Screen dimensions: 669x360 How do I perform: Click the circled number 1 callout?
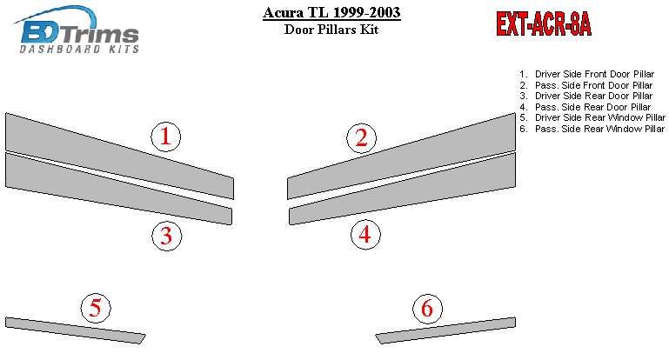[x=166, y=137]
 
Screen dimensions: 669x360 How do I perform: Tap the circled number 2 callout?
[x=361, y=137]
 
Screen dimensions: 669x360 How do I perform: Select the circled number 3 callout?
[x=167, y=236]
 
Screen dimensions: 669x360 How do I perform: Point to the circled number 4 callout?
[x=365, y=235]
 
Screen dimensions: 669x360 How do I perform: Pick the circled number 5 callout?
[x=96, y=308]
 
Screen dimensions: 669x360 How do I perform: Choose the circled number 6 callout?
[x=427, y=309]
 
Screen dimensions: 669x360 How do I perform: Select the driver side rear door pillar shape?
[x=118, y=189]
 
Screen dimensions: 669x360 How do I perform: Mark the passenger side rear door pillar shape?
[x=402, y=189]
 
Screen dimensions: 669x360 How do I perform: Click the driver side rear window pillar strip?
[x=76, y=330]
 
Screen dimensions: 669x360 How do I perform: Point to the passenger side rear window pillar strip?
[x=445, y=330]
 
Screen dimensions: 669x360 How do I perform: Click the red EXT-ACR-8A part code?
[x=544, y=23]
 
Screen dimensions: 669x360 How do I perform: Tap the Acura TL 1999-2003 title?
[x=331, y=12]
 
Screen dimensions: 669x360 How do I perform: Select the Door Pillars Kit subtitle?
[x=331, y=30]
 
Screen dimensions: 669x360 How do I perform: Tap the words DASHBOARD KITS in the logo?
[x=79, y=49]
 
